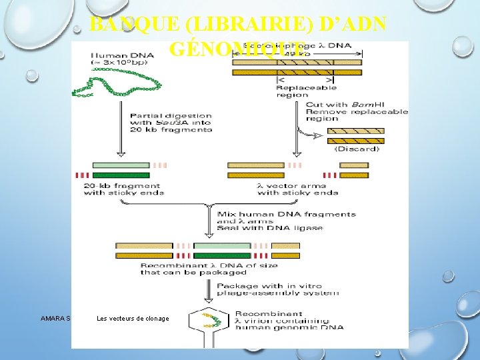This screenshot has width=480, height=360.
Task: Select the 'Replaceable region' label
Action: point(306,91)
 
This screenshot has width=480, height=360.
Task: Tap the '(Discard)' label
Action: point(357,149)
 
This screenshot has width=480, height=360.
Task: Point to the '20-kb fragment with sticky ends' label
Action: point(123,189)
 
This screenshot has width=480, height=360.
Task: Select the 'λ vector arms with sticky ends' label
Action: point(297,189)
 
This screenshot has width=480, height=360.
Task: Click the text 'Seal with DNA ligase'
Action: point(270,228)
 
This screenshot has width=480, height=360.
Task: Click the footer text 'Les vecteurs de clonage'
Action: point(133,319)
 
